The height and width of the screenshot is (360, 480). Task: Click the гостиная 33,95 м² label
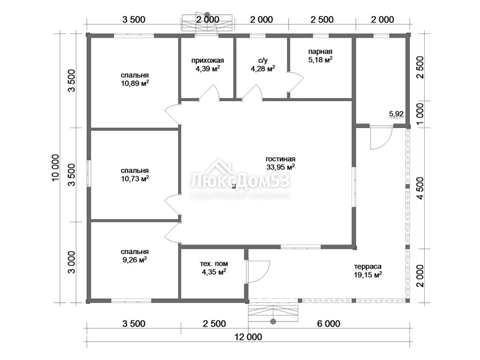(280, 163)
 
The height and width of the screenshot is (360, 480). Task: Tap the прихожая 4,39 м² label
(208, 65)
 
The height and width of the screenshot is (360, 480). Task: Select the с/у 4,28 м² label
(262, 65)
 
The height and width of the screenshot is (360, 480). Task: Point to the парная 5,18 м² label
(320, 55)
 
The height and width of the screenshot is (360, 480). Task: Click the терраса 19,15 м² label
(367, 270)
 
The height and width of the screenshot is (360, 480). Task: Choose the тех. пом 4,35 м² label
(214, 268)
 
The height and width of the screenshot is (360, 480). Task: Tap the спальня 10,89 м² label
(135, 79)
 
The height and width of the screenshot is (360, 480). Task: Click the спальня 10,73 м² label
(135, 174)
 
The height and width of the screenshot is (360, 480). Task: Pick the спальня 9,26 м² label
(135, 255)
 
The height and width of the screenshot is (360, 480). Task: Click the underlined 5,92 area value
(397, 114)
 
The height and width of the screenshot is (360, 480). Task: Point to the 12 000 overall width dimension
(248, 337)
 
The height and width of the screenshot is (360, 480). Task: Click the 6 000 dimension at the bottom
(329, 323)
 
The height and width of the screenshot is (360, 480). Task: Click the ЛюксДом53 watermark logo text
(240, 180)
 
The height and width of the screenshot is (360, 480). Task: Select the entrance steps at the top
(207, 22)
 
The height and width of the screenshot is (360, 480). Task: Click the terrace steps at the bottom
(273, 313)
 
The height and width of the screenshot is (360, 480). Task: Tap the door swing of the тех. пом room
(258, 271)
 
